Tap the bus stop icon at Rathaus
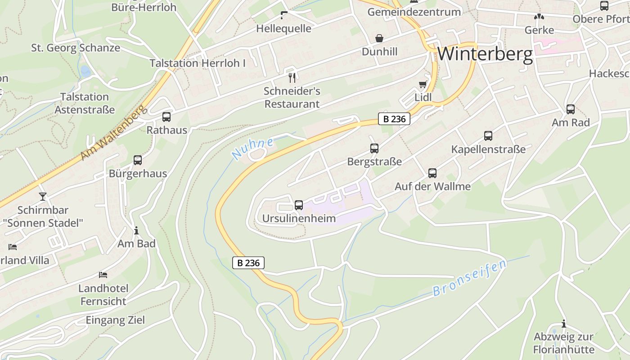tap(166, 117)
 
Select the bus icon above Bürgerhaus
tap(138, 160)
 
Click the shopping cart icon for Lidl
tap(423, 84)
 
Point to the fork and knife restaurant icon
tap(292, 78)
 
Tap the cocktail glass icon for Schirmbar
tap(43, 197)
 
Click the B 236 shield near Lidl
tap(394, 119)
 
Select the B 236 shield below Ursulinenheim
tap(248, 263)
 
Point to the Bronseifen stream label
tap(469, 278)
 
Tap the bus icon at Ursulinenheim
tap(298, 205)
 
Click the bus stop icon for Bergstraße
tap(374, 148)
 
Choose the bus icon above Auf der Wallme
tap(432, 173)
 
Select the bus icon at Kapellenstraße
tap(488, 135)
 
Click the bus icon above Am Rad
tap(571, 109)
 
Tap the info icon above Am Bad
tap(136, 231)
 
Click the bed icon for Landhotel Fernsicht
tap(103, 274)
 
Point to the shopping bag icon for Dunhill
tap(379, 38)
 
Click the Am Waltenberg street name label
tap(114, 133)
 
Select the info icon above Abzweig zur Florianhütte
tap(563, 324)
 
